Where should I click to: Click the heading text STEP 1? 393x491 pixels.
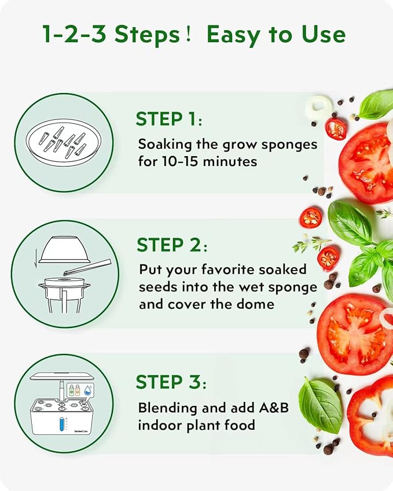pos(168,120)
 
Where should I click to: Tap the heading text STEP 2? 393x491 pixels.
pos(171,245)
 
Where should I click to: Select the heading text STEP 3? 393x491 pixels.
pos(171,382)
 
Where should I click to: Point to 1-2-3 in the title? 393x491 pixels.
pos(75,35)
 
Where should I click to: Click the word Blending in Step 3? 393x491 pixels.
pos(168,408)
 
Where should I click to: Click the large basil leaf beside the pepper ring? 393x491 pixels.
pos(319,405)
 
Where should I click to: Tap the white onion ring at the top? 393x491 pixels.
pos(321,106)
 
